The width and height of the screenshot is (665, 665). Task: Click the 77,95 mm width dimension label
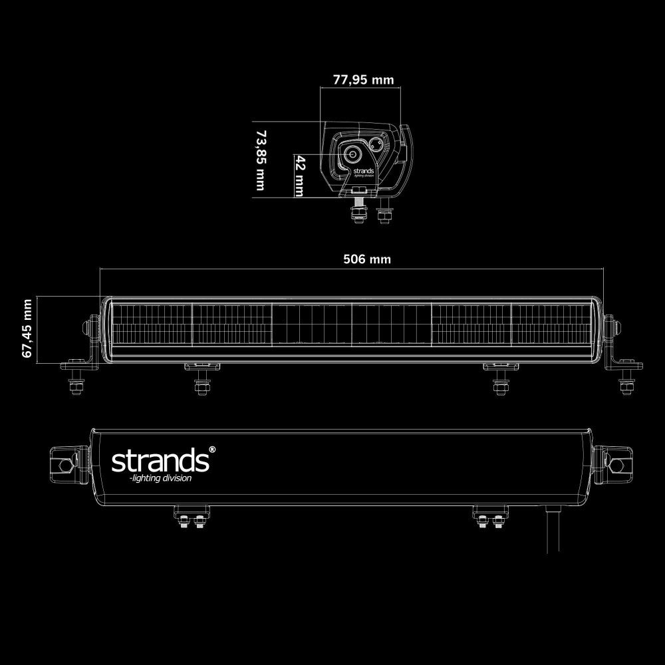(363, 80)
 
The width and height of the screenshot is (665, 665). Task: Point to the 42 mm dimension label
(300, 176)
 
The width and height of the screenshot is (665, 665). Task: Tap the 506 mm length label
(366, 259)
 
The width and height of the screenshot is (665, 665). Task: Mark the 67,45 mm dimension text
(27, 329)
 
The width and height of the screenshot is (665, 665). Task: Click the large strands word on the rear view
(159, 460)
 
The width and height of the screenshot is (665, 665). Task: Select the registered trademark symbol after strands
(212, 450)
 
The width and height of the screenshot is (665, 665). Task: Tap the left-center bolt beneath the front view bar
(201, 384)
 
